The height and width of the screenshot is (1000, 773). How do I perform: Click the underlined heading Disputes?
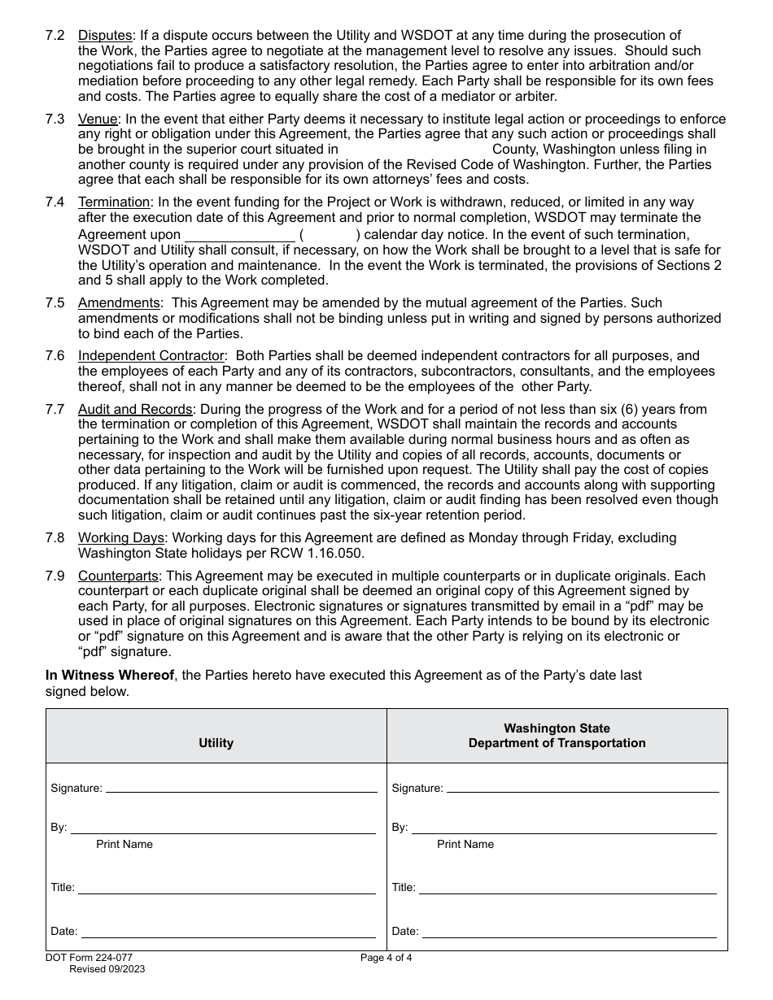click(x=105, y=36)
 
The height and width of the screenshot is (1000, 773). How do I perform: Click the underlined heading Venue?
click(x=98, y=120)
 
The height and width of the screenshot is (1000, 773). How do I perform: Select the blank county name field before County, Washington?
click(x=415, y=150)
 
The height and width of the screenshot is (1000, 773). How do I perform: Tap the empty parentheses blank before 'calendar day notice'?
click(x=330, y=234)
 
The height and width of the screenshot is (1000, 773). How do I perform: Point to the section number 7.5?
click(x=55, y=303)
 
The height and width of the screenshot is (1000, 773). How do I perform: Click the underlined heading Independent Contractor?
click(x=151, y=356)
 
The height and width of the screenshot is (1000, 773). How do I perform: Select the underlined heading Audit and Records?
click(x=135, y=409)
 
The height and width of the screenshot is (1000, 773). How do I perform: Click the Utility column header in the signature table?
click(x=216, y=743)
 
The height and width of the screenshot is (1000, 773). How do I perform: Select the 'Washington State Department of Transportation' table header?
click(x=557, y=736)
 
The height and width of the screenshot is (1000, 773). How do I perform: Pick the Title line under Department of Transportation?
click(x=567, y=888)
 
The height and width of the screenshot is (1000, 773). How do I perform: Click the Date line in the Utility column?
click(x=228, y=932)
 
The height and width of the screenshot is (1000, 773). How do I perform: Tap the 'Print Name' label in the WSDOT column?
click(x=465, y=844)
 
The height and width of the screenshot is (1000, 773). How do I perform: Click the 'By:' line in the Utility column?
click(x=223, y=828)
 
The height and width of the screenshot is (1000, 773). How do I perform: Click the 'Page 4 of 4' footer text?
click(x=386, y=958)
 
